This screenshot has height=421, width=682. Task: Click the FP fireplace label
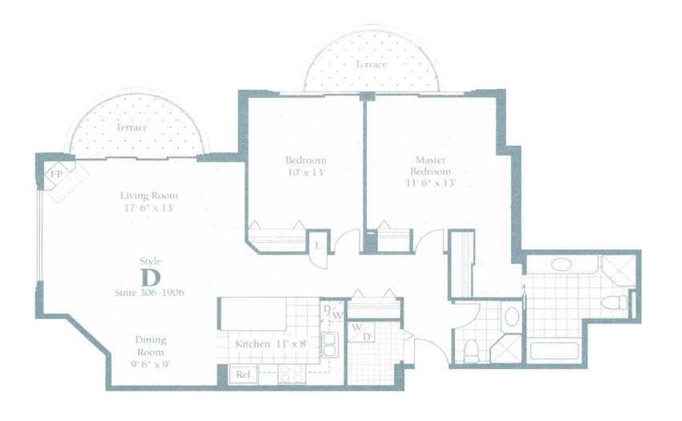(56, 174)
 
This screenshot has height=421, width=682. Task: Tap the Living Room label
(149, 196)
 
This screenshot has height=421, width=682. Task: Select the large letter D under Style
(151, 277)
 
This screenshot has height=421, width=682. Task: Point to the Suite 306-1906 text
(149, 292)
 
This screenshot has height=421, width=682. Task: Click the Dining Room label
(151, 346)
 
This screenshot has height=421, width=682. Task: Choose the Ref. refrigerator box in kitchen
(244, 374)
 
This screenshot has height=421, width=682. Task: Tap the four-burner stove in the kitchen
(292, 374)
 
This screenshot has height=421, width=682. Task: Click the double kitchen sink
(329, 345)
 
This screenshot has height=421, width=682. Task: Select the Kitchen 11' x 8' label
(272, 343)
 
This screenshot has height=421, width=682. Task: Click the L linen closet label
(318, 246)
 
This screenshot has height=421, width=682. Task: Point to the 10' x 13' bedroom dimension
(306, 172)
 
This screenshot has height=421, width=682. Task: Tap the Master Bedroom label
(431, 165)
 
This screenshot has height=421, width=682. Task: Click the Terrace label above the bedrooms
(371, 64)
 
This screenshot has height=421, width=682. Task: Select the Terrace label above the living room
(132, 128)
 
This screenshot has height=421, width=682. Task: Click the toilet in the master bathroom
(614, 302)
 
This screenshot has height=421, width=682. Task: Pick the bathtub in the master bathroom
(554, 351)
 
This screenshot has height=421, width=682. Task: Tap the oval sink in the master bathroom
(562, 265)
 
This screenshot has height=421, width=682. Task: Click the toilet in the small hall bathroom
(471, 351)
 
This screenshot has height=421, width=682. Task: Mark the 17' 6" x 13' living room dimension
(149, 208)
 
